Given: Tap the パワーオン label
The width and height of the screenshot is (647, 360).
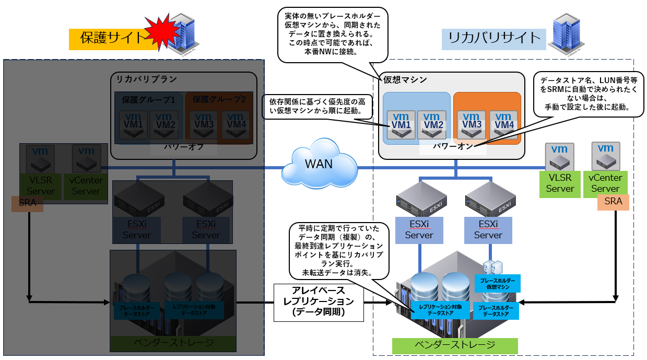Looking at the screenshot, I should pyautogui.click(x=453, y=147).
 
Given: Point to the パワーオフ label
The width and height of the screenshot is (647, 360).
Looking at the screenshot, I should pyautogui.click(x=182, y=147).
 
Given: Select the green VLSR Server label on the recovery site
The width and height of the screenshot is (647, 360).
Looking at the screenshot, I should pyautogui.click(x=560, y=183).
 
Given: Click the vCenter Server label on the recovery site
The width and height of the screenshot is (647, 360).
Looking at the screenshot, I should pyautogui.click(x=605, y=183).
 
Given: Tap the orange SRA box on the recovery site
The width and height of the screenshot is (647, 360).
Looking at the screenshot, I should pyautogui.click(x=613, y=201).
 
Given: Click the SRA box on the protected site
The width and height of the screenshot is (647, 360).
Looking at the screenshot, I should pyautogui.click(x=27, y=203).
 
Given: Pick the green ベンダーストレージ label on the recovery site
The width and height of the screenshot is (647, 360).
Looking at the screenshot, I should pyautogui.click(x=454, y=345).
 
